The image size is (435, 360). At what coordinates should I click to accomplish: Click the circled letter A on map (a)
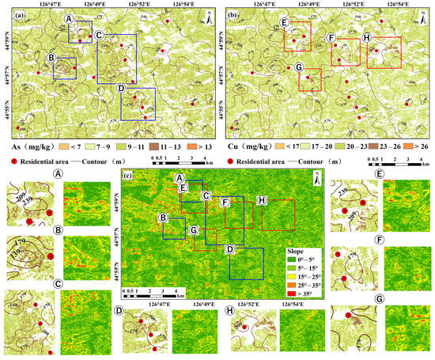click(70, 17)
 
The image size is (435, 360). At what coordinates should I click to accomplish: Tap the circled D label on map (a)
click(119, 88)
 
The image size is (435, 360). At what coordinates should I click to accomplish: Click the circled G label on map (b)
click(299, 67)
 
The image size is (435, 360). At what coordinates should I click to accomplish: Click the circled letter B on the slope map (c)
click(162, 218)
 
